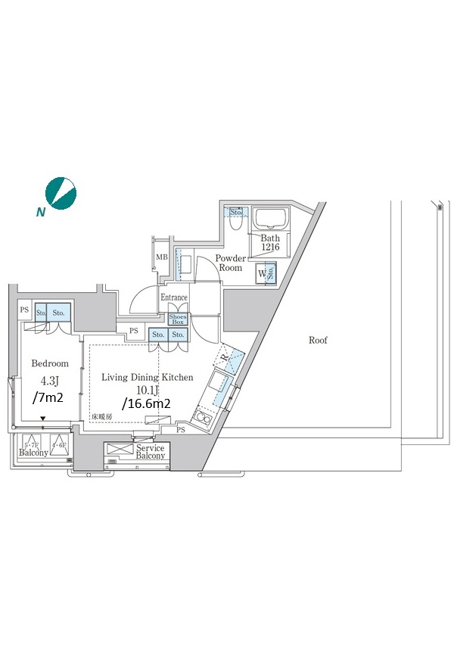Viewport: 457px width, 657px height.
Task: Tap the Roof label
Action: coord(318,341)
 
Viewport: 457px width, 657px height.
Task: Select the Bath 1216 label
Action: coord(270,243)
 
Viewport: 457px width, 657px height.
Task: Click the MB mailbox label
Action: coord(161,257)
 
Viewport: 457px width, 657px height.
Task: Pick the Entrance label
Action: coord(173,297)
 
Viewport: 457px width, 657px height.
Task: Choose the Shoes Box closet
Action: coord(178,319)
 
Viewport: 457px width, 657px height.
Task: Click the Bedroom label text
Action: coord(50,363)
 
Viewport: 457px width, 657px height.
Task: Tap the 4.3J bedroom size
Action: coord(50,381)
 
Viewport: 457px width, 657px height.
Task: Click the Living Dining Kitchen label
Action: coord(148,377)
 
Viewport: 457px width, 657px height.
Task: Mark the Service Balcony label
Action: coord(151,452)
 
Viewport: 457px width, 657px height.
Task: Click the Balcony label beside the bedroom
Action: coord(33,453)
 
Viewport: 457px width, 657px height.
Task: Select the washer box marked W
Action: coord(263,273)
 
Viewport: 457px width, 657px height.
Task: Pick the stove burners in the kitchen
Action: coord(202,417)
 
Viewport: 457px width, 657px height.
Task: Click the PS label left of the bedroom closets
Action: coord(24,310)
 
